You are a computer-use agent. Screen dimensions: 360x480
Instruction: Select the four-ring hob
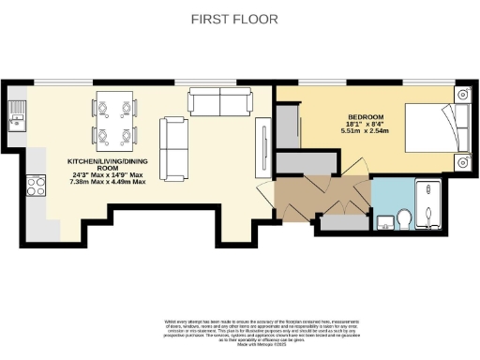click(x=37, y=184)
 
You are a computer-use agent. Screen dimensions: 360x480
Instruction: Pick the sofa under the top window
click(x=217, y=100)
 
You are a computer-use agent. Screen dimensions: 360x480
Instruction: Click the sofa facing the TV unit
click(x=173, y=148)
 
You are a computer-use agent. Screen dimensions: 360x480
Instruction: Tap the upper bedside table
click(x=462, y=96)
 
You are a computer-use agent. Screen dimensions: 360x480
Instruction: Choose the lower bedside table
click(x=462, y=161)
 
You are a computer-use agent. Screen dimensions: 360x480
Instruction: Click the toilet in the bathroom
click(x=404, y=218)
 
